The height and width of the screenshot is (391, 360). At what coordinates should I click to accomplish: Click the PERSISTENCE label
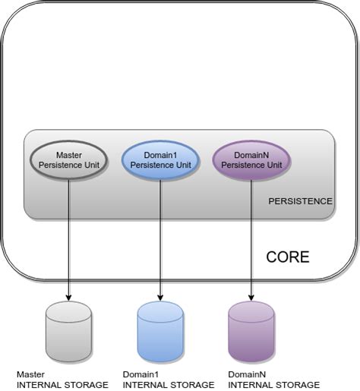coord(300,201)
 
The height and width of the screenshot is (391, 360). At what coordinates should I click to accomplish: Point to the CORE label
coord(287,257)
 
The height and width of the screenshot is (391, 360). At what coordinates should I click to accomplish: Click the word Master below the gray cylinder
coord(31,374)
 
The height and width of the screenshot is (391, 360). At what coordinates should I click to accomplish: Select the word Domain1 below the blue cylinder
coord(140,374)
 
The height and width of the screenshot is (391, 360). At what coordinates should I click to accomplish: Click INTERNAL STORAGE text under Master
coord(62,385)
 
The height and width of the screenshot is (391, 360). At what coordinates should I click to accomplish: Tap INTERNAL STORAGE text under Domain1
coord(168,385)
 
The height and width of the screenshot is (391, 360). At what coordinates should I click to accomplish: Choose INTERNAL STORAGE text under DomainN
coord(273,385)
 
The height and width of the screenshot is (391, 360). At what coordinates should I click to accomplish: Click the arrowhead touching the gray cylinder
coord(69,295)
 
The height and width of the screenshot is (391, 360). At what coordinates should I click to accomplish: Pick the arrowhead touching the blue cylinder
coord(160,295)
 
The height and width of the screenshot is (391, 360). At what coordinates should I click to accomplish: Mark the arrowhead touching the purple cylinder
coord(251,295)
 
